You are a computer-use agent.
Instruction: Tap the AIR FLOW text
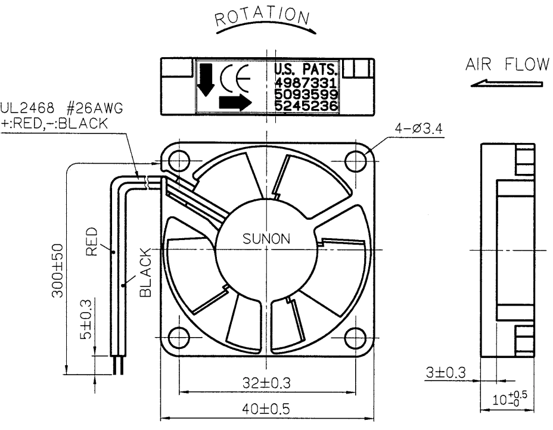click(507, 64)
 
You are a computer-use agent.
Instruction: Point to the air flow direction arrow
click(507, 83)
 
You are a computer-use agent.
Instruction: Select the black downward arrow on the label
click(206, 80)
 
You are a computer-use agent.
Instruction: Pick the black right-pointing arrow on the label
click(235, 102)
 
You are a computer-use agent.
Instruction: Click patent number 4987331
click(306, 83)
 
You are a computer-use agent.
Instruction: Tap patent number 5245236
click(306, 106)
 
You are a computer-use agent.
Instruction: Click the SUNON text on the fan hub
click(266, 239)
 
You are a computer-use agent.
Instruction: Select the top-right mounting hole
click(356, 161)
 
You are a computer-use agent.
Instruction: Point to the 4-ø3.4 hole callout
click(418, 128)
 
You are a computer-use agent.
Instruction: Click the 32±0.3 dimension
click(266, 383)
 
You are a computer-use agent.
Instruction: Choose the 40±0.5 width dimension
click(266, 409)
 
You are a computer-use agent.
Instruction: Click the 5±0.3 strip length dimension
click(85, 319)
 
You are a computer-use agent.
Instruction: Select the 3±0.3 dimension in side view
click(446, 373)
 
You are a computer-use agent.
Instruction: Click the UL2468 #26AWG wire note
click(62, 108)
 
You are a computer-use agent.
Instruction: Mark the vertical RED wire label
click(91, 241)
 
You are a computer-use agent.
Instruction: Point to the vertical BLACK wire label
click(145, 272)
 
